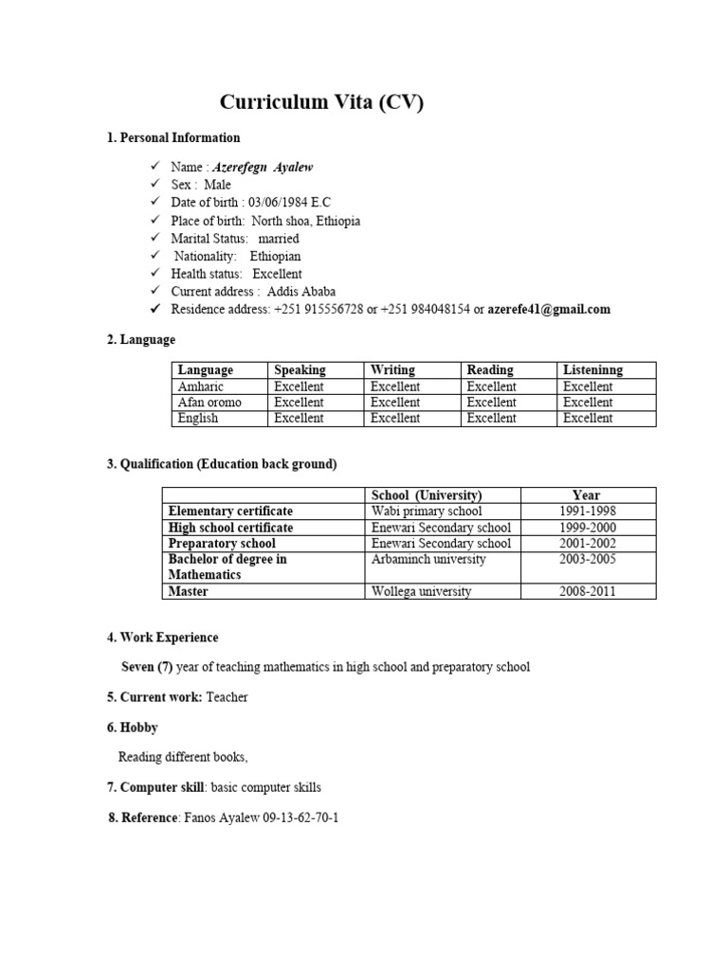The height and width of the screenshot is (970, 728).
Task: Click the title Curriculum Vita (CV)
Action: pyautogui.click(x=321, y=102)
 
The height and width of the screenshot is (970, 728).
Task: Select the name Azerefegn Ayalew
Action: pyautogui.click(x=262, y=167)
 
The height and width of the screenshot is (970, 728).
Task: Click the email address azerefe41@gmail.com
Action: pyautogui.click(x=549, y=310)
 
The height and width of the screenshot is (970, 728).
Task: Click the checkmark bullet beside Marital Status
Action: pyautogui.click(x=155, y=239)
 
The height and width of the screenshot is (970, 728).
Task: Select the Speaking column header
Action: pyautogui.click(x=300, y=370)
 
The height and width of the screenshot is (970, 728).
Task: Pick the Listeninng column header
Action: pyautogui.click(x=592, y=370)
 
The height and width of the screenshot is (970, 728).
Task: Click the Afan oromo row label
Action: pyautogui.click(x=209, y=403)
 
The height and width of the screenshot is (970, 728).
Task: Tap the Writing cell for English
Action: pyautogui.click(x=395, y=418)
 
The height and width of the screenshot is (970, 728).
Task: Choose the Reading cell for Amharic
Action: pyautogui.click(x=491, y=386)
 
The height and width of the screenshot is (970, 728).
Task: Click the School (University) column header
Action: pyautogui.click(x=427, y=495)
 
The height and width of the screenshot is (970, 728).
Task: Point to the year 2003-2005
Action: pyautogui.click(x=588, y=560)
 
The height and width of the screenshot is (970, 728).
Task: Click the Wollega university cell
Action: pyautogui.click(x=421, y=592)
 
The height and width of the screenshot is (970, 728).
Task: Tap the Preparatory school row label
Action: pyautogui.click(x=222, y=544)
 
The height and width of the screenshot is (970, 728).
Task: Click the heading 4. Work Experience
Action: pyautogui.click(x=162, y=638)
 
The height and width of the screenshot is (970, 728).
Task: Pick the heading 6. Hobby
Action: pyautogui.click(x=132, y=727)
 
